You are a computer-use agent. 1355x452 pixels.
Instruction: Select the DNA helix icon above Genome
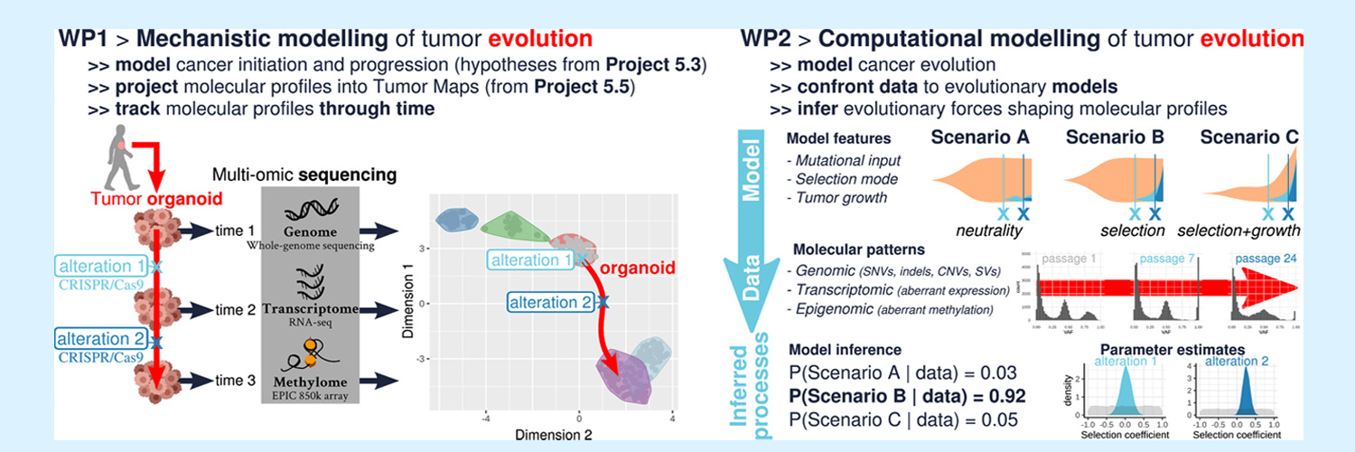tap(310, 212)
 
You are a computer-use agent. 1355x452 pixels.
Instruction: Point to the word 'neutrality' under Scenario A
tap(987, 231)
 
